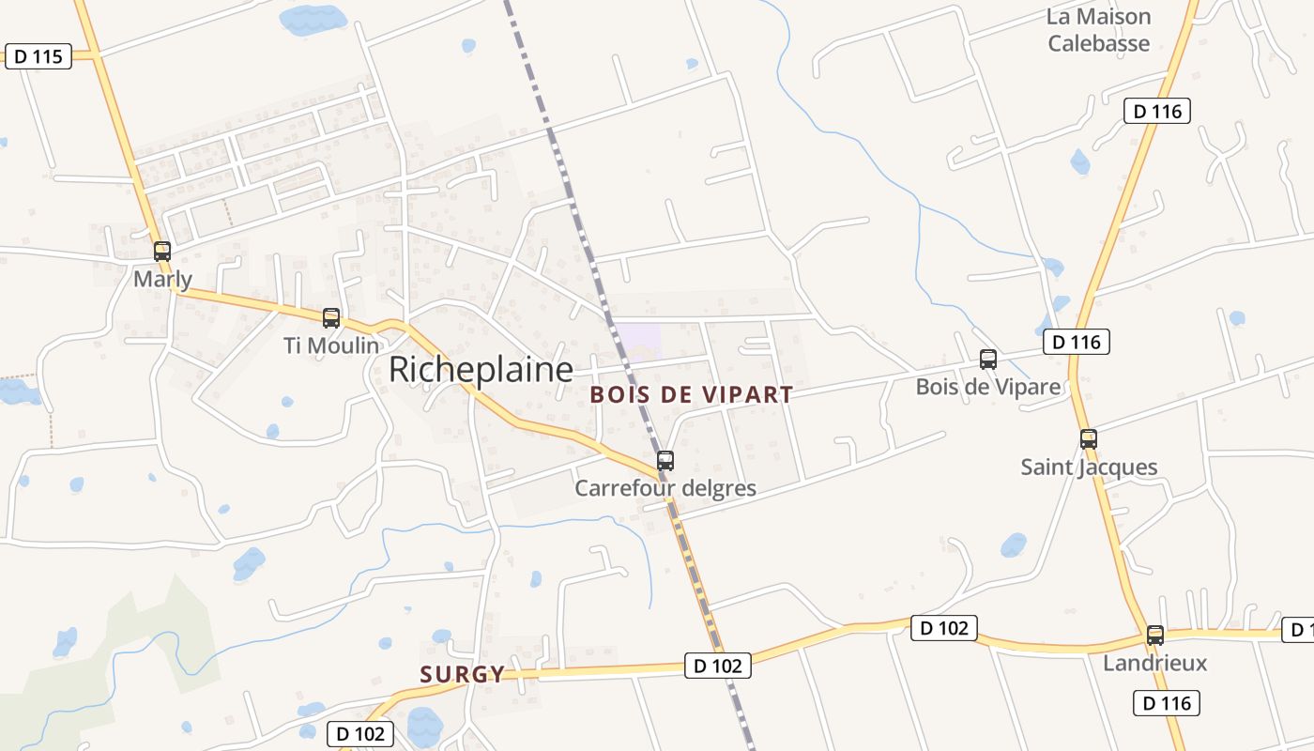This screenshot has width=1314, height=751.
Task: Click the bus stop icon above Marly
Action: (x=162, y=251)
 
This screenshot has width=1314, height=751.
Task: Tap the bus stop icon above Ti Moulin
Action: (x=331, y=317)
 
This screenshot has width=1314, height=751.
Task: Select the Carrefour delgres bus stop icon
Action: (x=665, y=460)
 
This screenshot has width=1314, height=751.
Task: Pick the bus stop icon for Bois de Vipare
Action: (x=988, y=359)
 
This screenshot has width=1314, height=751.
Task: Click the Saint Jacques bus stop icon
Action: (x=1089, y=438)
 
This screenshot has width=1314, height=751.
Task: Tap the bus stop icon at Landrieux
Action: (x=1155, y=635)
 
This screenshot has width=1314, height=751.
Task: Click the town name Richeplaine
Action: (x=481, y=370)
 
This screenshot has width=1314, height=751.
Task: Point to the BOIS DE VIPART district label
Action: (x=692, y=394)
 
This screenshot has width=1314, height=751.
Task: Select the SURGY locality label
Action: (x=462, y=673)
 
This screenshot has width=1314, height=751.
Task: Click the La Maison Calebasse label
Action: (x=1099, y=30)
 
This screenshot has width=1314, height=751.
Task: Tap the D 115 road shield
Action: (x=38, y=56)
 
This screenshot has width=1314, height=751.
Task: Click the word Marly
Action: (x=162, y=279)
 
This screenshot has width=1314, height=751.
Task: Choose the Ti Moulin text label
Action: (x=331, y=345)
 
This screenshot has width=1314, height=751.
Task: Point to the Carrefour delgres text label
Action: (x=665, y=488)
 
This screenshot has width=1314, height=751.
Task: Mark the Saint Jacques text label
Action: (x=1089, y=467)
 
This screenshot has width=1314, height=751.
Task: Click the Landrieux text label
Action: (x=1155, y=663)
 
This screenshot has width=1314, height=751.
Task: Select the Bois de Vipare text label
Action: (x=988, y=387)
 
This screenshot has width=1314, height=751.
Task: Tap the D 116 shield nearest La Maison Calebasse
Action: (x=1157, y=111)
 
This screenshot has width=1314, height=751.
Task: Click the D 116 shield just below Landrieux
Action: (x=1167, y=703)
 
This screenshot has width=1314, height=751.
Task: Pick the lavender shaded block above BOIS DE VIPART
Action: (x=637, y=340)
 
